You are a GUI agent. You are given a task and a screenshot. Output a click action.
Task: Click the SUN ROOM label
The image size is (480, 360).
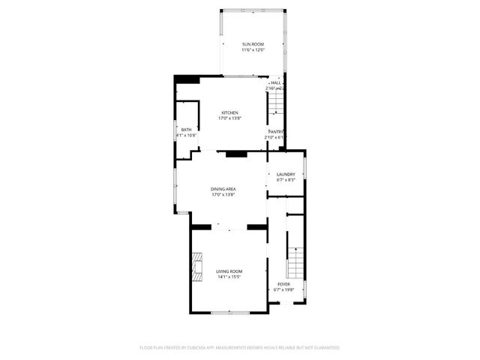tap(252, 45)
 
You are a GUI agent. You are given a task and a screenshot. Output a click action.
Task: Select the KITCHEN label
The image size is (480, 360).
tap(229, 113)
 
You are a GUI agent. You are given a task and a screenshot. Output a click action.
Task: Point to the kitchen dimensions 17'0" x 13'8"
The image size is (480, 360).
tap(229, 118)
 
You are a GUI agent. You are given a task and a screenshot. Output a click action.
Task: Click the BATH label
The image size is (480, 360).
tap(186, 130)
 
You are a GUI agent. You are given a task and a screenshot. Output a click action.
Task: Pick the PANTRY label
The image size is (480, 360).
tap(275, 131)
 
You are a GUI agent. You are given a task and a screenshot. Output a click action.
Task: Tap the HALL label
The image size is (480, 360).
tap(275, 83)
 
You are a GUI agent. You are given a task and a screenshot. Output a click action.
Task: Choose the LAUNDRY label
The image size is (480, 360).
tap(286, 175)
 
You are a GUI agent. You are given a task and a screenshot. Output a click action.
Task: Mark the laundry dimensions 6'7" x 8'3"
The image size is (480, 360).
tap(286, 180)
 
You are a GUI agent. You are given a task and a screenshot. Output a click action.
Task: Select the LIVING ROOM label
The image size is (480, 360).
tap(229, 271)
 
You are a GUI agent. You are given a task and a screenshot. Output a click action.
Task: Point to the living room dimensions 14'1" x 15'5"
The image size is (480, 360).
tap(229, 276)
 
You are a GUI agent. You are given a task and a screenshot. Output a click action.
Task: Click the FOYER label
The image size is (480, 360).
tap(283, 284)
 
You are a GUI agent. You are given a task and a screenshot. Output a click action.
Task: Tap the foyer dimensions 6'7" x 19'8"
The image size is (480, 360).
tap(283, 289)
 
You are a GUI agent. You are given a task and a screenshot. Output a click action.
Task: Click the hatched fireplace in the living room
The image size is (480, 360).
tap(196, 265)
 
